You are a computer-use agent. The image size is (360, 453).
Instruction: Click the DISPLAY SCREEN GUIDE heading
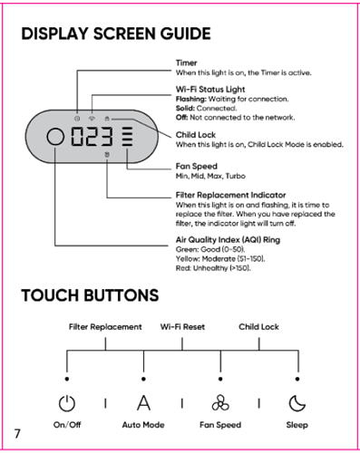tap(116, 34)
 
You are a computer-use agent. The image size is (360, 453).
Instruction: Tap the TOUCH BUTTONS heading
tap(90, 295)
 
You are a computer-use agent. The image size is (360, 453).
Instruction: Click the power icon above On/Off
tap(67, 403)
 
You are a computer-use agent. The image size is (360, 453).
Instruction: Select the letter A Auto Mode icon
tap(143, 403)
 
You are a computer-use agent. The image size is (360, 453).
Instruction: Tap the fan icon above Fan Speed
tap(220, 403)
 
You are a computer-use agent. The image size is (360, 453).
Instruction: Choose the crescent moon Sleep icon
tap(297, 403)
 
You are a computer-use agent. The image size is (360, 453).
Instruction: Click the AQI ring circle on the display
tap(55, 137)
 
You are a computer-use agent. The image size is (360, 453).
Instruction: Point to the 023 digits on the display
tap(92, 137)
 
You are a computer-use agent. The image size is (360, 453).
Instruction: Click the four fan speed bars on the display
tap(127, 137)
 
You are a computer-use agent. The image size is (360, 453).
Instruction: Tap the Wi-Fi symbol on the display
tap(92, 119)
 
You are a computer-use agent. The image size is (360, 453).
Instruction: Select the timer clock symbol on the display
tap(77, 119)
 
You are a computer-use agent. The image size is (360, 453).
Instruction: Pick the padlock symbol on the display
tap(107, 119)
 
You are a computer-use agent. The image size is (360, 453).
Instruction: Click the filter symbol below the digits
tap(107, 155)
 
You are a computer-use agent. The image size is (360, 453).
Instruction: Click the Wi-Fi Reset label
tap(182, 327)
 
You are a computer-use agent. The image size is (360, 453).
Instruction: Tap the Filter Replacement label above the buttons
tap(105, 327)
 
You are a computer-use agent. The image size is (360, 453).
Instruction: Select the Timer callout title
tap(186, 63)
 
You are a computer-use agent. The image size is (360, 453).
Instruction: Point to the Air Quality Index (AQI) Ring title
tap(228, 240)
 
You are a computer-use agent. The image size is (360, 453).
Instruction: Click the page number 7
tap(17, 434)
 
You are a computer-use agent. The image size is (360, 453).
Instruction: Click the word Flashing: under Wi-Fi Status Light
tap(191, 99)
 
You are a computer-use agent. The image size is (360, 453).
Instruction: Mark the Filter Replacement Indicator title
tap(230, 195)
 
